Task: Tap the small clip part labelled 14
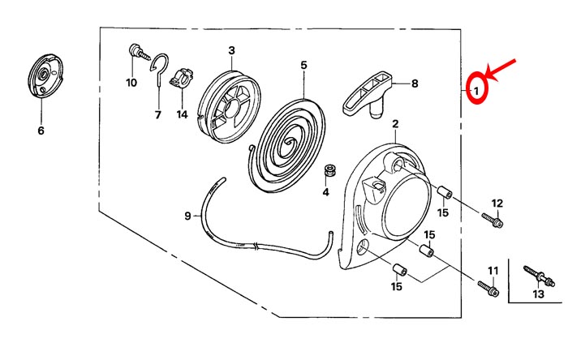tap(181, 77)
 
